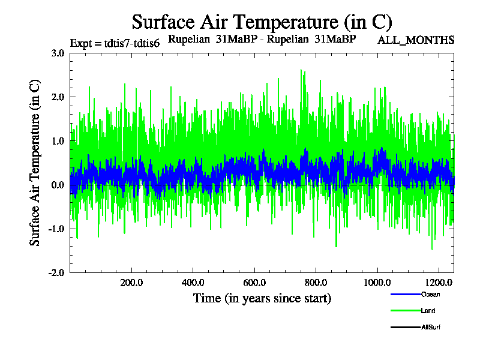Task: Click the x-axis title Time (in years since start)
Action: pos(262,298)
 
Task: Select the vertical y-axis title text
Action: pos(35,162)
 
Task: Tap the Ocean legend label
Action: pos(430,294)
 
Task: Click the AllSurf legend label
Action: pos(431,327)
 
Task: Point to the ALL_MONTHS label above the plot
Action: pos(416,40)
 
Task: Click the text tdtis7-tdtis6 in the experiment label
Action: pos(132,44)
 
